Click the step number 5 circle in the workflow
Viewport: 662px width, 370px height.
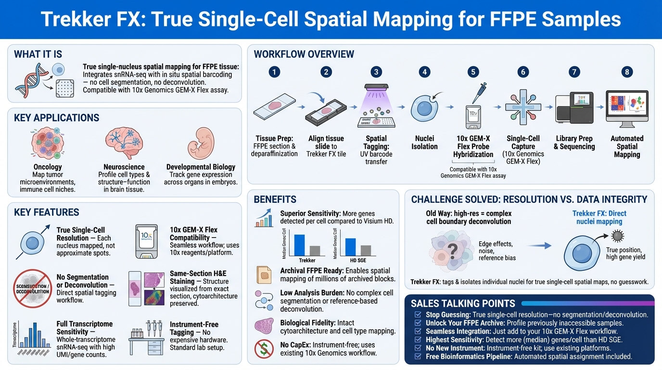pos(473,72)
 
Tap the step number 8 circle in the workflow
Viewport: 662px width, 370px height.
pos(626,72)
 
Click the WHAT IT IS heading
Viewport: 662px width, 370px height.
pos(38,54)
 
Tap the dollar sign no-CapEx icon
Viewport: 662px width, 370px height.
pos(264,349)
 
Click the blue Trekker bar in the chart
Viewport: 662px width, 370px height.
pos(299,244)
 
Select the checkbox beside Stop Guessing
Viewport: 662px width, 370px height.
pos(418,315)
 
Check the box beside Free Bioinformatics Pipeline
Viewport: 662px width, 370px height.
pos(418,357)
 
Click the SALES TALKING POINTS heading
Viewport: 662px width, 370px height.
pos(463,304)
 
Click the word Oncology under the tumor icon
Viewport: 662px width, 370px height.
pos(48,167)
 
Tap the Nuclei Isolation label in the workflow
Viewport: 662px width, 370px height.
pos(424,143)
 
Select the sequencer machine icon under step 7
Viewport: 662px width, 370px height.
pos(573,108)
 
